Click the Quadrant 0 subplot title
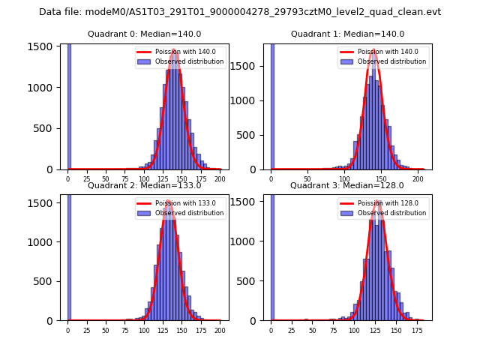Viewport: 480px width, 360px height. point(143,34)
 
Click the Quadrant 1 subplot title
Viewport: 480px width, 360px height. point(347,34)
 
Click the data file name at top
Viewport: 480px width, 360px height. point(240,12)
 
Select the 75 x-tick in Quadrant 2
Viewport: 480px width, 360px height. point(124,329)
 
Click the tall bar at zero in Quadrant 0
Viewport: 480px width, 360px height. point(69,105)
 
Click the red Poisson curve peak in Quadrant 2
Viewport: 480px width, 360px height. point(169,202)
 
